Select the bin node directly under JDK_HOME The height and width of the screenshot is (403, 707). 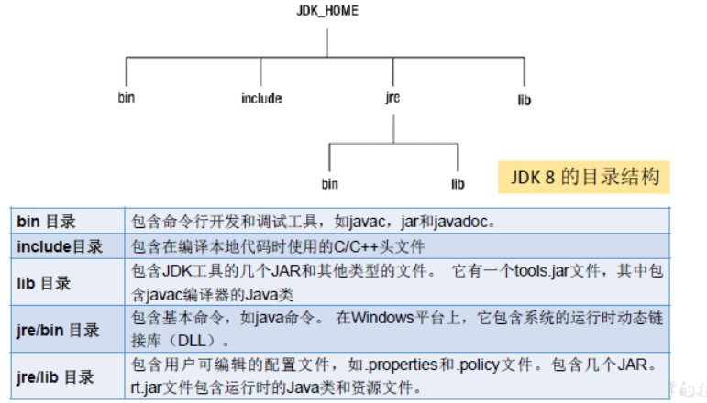click(127, 98)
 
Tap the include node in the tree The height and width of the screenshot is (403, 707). click(261, 98)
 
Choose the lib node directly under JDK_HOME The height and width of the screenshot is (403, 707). click(525, 98)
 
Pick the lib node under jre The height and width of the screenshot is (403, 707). click(458, 184)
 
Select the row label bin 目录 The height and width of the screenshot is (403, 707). click(46, 222)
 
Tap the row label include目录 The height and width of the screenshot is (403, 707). click(60, 246)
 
